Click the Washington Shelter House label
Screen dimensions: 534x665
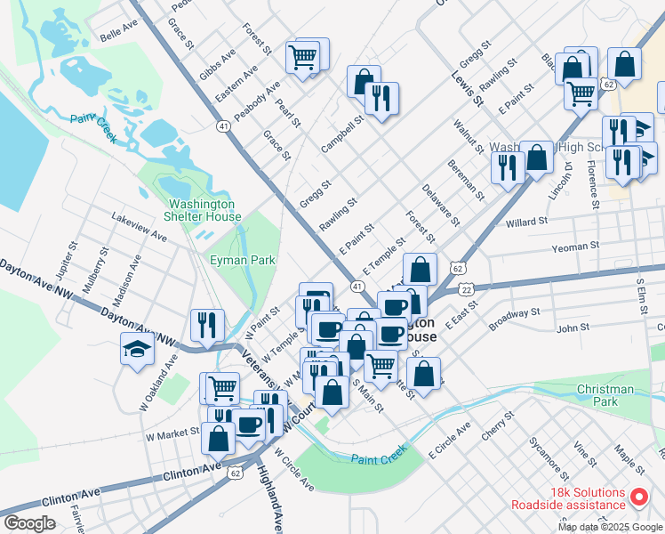click(x=204, y=209)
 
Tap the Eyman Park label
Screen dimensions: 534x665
click(x=242, y=260)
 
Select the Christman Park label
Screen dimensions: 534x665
click(x=605, y=395)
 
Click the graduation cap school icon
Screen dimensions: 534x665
click(x=138, y=350)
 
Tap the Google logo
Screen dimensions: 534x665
click(x=29, y=523)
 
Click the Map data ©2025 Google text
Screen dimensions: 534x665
click(x=610, y=527)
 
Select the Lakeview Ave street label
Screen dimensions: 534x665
click(x=139, y=228)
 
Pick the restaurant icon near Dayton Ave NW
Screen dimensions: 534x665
click(x=206, y=326)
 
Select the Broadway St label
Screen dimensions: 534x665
click(x=515, y=313)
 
